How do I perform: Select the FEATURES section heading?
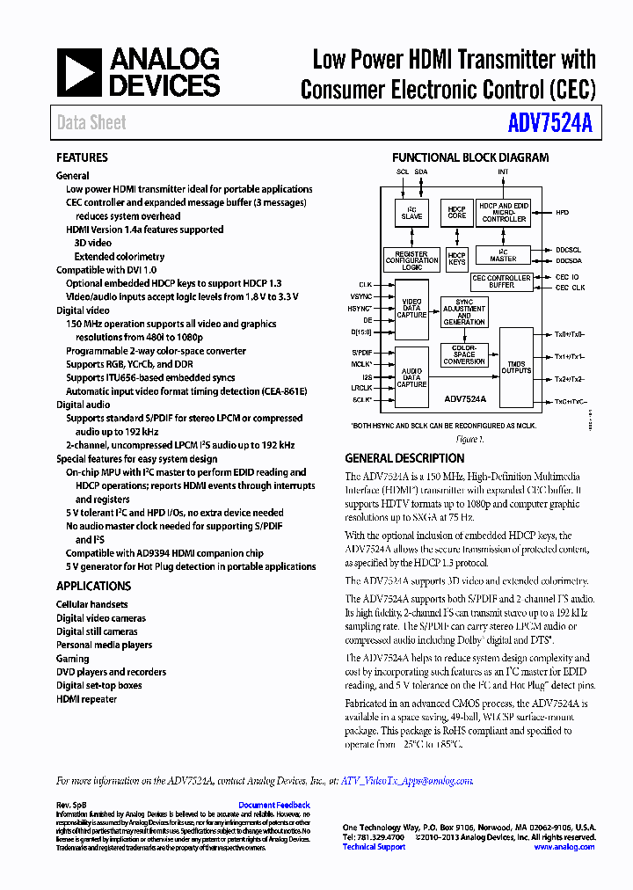tap(82, 157)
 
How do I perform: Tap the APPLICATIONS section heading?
tap(93, 586)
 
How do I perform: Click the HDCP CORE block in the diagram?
tap(457, 212)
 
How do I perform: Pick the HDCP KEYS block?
tap(457, 259)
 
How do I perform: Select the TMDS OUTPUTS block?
tap(516, 368)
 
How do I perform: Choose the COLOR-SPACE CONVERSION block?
tap(464, 354)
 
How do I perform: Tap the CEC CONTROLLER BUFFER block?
tap(501, 281)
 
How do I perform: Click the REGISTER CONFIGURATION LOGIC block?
tap(411, 259)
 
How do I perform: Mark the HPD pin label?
tap(563, 212)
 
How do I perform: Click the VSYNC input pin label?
tap(360, 297)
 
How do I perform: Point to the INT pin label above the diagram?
tap(503, 172)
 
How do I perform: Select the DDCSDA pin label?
tap(568, 261)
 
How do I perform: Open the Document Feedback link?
tap(274, 805)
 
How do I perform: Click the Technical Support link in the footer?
tap(374, 847)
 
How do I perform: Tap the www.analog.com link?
tap(564, 847)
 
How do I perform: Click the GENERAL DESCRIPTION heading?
tap(404, 458)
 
